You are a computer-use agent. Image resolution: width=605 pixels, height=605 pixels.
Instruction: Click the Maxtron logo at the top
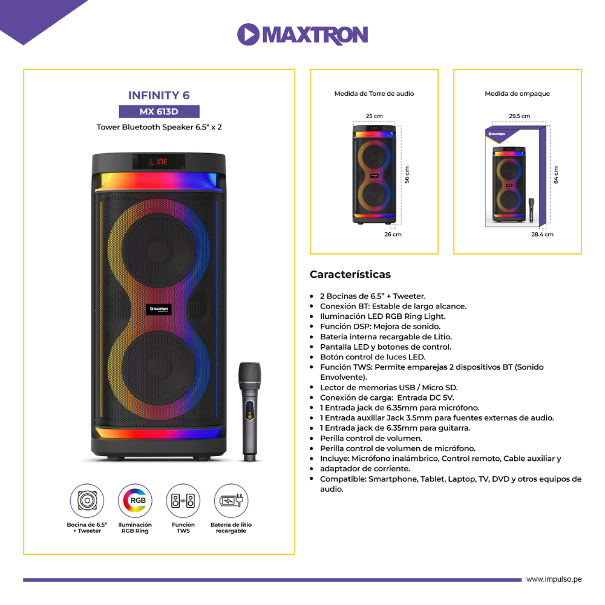[x=302, y=34]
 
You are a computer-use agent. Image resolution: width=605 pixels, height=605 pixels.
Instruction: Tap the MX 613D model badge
[x=159, y=111]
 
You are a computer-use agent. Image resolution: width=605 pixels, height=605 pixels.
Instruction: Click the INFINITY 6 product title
[x=159, y=96]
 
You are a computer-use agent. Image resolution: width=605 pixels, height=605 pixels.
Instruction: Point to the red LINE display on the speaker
[x=159, y=162]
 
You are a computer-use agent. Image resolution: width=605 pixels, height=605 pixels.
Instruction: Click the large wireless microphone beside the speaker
[x=250, y=411]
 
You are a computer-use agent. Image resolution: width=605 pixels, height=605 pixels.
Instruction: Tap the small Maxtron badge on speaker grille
[x=159, y=309]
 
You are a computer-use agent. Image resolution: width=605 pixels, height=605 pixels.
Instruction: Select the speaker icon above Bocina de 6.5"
[x=87, y=500]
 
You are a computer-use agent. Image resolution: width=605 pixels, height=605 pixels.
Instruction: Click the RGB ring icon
[x=135, y=500]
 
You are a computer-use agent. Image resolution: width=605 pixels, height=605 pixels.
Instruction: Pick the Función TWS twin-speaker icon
[x=183, y=500]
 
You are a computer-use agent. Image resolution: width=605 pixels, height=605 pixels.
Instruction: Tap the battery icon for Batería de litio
[x=231, y=500]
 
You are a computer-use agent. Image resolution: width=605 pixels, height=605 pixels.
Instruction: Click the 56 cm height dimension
[x=407, y=175]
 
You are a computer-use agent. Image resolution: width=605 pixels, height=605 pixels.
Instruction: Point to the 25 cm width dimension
[x=374, y=116]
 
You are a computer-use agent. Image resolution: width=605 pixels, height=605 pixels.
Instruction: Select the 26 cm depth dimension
[x=393, y=234]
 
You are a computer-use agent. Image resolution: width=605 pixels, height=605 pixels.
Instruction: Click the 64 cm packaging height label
[x=555, y=175]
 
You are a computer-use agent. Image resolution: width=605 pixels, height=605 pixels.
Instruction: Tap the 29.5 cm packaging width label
[x=519, y=116]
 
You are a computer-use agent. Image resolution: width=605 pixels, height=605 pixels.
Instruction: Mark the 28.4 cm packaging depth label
[x=542, y=234]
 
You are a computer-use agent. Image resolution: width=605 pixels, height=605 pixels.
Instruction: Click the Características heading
[x=350, y=274]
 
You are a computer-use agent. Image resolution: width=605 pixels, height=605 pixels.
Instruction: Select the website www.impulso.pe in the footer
[x=554, y=579]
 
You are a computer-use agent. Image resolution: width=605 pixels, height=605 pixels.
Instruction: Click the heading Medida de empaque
[x=517, y=94]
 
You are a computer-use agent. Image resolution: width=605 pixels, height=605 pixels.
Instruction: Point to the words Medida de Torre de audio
[x=374, y=94]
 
